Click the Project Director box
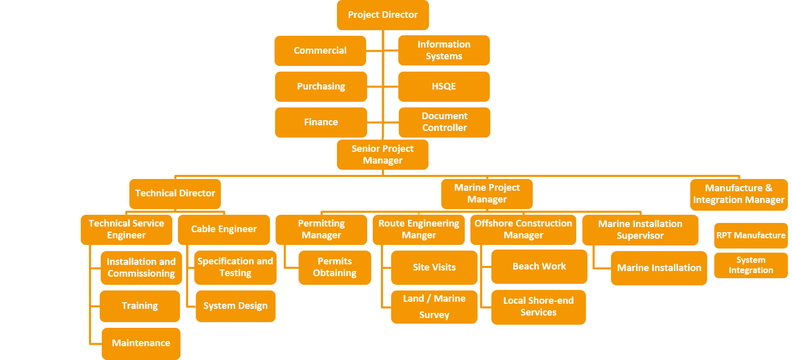(x=382, y=15)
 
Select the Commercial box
(x=320, y=51)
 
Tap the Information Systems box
(x=444, y=50)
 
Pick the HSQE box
(x=444, y=86)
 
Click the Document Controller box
(x=444, y=122)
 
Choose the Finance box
(x=321, y=122)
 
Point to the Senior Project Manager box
(x=382, y=154)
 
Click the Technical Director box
(x=175, y=193)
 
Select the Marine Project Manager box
(x=487, y=194)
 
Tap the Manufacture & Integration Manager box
(x=738, y=194)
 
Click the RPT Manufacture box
(x=751, y=235)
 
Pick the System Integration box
(x=751, y=265)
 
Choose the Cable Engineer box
(x=223, y=229)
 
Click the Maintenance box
(x=141, y=343)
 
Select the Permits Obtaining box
(x=334, y=267)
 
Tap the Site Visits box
(x=434, y=267)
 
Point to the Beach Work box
(x=539, y=266)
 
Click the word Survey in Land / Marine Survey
(x=434, y=315)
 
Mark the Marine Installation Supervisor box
(x=640, y=230)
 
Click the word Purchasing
(x=321, y=86)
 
